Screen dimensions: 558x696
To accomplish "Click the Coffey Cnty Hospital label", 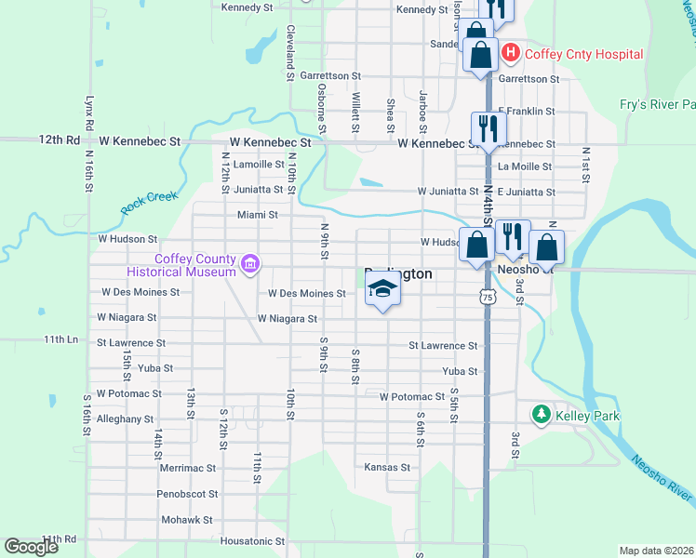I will click(x=583, y=54).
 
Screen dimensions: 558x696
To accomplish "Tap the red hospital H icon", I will click(x=510, y=54).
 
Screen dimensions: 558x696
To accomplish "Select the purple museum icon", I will click(x=248, y=265).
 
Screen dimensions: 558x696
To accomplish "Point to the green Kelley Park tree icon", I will click(x=541, y=414).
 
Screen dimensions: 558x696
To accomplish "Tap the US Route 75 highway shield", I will click(x=487, y=296).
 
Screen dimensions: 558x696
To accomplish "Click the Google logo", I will click(x=31, y=547).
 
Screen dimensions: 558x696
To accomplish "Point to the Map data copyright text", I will click(x=656, y=551).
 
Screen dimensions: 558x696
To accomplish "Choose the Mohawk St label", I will click(x=187, y=520).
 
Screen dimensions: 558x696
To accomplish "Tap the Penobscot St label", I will click(x=187, y=494).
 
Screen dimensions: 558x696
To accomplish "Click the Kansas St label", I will click(x=386, y=467).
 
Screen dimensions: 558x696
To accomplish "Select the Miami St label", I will click(x=258, y=215).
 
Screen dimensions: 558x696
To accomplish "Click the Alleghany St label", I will click(x=124, y=419).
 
